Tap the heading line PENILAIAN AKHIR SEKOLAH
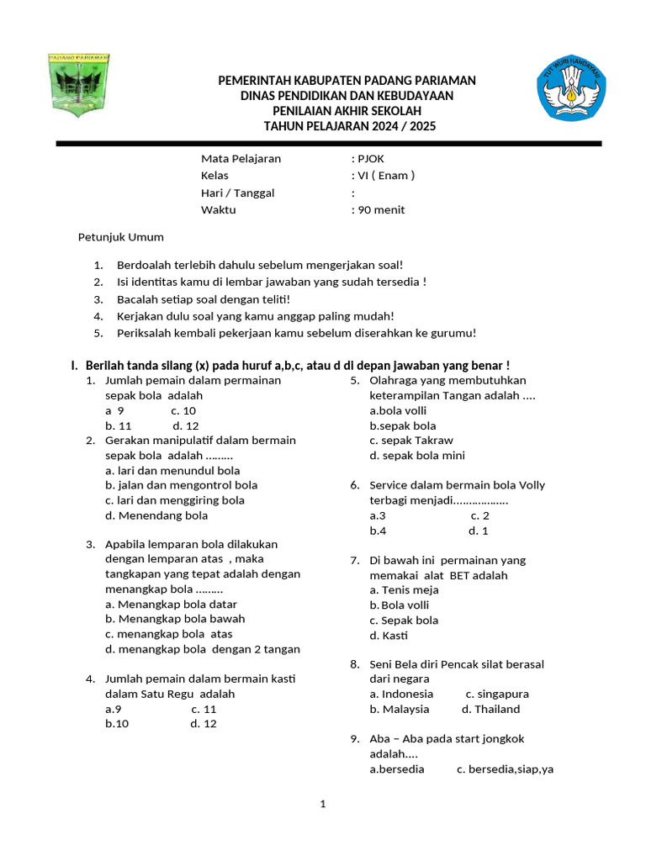(347, 111)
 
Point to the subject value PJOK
(371, 158)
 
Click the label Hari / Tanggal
(237, 193)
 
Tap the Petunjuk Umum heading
(120, 237)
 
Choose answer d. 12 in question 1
(186, 426)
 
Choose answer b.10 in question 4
(117, 724)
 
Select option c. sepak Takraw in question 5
(411, 441)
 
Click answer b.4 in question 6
(378, 531)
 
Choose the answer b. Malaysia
(399, 710)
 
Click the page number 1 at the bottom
(322, 805)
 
